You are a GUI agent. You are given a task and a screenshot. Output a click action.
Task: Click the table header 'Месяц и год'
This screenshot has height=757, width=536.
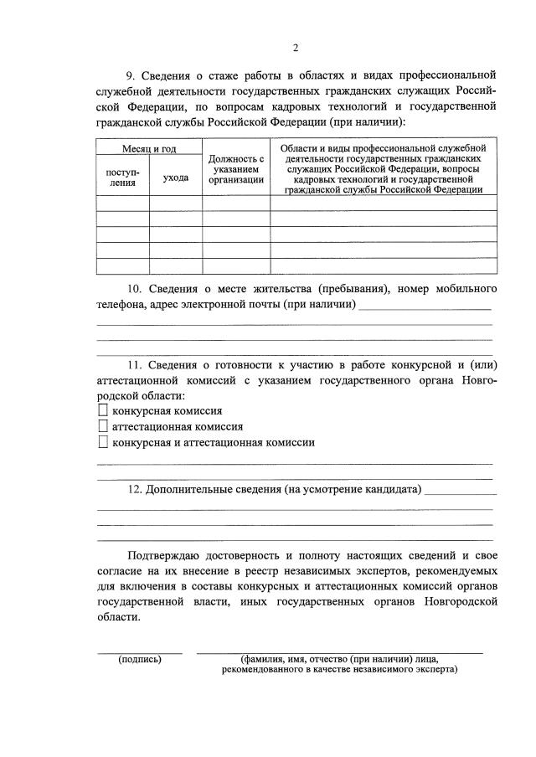pos(149,149)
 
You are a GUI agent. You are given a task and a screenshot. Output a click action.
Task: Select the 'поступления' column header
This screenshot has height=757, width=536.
pos(123,178)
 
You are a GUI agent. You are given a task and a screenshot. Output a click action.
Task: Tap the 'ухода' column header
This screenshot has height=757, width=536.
pos(175,178)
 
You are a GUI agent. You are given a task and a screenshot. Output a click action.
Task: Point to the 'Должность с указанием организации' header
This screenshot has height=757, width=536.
pos(236,168)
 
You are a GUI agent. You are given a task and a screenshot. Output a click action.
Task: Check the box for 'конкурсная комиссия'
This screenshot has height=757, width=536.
pos(103,411)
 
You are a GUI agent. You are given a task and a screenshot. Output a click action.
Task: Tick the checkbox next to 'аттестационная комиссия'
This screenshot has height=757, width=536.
pos(103,426)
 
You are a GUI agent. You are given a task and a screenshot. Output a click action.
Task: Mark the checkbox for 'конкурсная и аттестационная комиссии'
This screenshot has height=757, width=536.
pos(103,442)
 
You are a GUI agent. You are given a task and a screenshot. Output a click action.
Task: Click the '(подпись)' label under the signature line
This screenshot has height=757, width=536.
pos(140,659)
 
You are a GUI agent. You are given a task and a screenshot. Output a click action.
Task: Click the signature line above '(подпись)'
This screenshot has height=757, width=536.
pos(140,651)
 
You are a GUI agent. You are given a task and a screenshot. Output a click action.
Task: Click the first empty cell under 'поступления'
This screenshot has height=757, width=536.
pos(123,203)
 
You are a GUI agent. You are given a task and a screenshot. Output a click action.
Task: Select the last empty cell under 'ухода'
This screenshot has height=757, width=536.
pos(175,266)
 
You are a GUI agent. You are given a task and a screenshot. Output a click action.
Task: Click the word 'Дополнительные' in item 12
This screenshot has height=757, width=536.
pos(189,489)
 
